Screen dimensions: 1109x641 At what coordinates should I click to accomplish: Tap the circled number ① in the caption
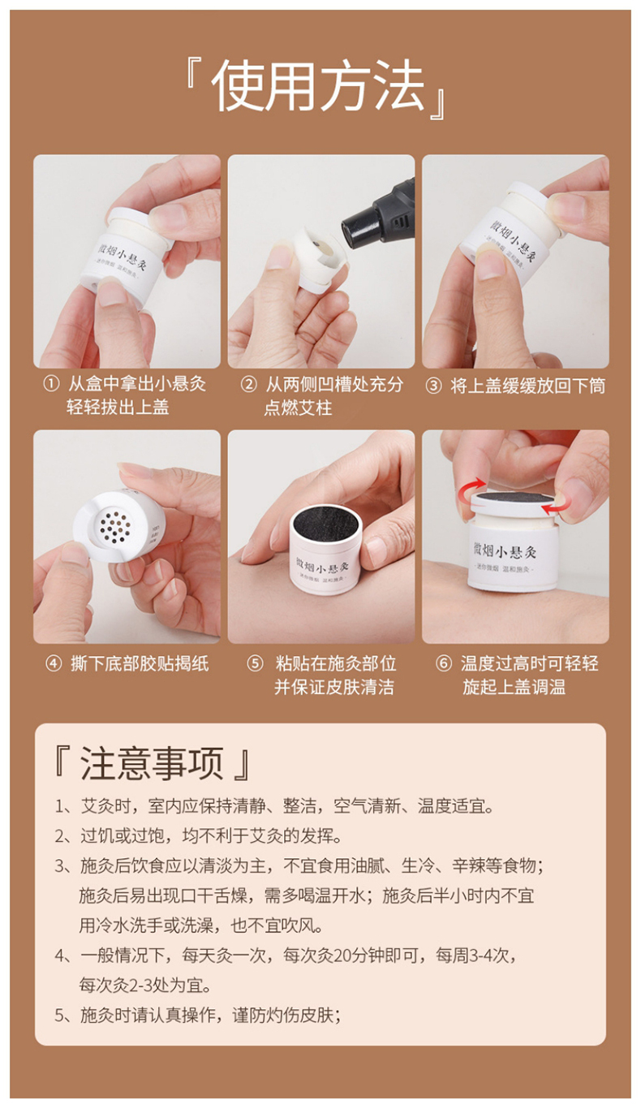[x=50, y=385]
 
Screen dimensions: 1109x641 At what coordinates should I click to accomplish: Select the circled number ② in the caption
[x=248, y=385]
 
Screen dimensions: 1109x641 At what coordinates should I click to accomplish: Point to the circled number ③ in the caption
[x=433, y=386]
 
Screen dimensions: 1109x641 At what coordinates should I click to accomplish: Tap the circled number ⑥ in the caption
[x=443, y=663]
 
